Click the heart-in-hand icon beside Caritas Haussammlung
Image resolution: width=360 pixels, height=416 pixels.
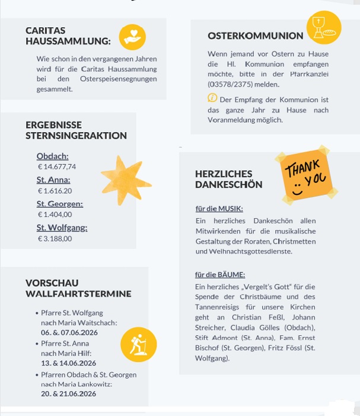tap(132, 37)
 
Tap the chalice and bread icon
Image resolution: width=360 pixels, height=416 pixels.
tap(323, 27)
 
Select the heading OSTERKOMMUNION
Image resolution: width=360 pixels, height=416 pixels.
tap(256, 36)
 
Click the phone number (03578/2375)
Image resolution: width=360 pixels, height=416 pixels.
tap(229, 84)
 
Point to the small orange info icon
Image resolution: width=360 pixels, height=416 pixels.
tap(212, 98)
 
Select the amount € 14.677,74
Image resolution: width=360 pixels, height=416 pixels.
tap(57, 167)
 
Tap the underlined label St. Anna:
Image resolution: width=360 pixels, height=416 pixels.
tap(53, 180)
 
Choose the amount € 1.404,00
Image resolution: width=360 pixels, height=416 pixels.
tap(55, 215)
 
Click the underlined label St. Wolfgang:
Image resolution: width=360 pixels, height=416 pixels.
tap(62, 228)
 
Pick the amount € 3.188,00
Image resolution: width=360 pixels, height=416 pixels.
tap(55, 238)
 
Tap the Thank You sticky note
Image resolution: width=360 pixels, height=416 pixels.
tap(306, 174)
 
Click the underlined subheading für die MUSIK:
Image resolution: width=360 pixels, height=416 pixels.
tap(219, 209)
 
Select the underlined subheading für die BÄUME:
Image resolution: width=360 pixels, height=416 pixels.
tap(220, 274)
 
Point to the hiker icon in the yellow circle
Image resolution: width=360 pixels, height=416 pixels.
tap(138, 344)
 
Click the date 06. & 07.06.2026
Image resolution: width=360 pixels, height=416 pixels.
tap(69, 332)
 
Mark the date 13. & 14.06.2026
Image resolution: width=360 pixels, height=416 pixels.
tap(68, 363)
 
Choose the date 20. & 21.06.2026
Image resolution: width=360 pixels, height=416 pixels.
tap(69, 393)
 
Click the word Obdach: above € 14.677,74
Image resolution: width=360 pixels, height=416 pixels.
tap(52, 156)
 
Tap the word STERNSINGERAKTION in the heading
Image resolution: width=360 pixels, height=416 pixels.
tap(76, 136)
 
